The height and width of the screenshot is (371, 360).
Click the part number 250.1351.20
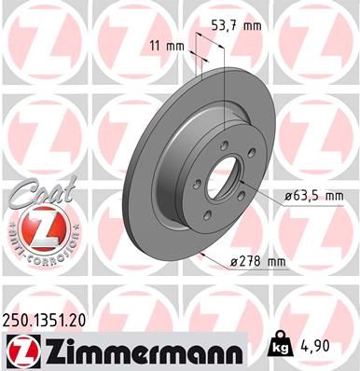(x=48, y=318)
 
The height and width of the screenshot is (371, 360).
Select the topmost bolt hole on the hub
(x=223, y=146)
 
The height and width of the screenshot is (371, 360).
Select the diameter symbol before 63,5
(x=280, y=196)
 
